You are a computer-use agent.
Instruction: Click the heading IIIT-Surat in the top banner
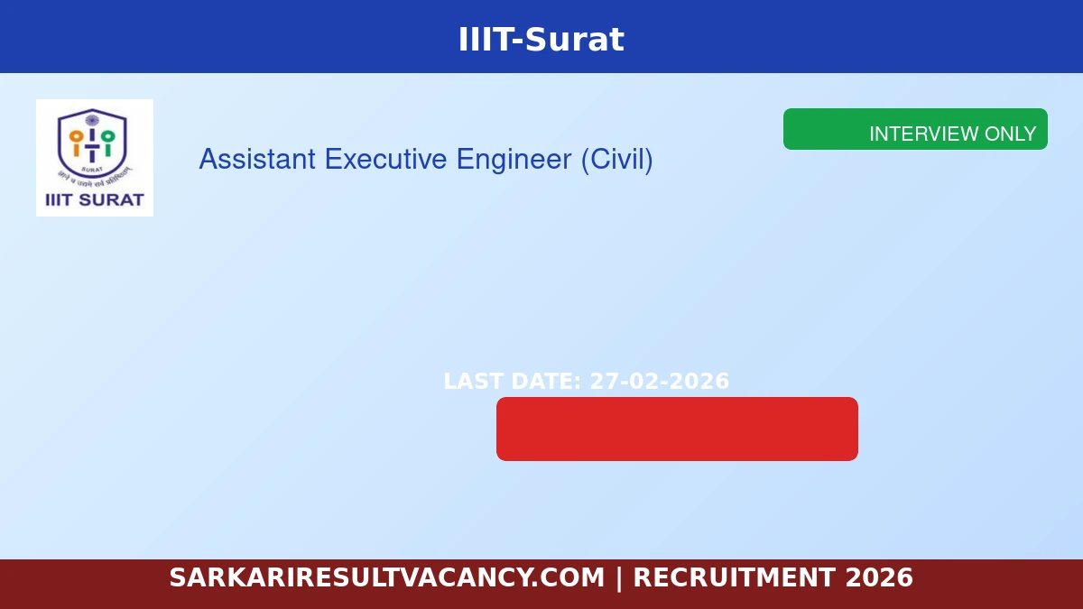point(541,40)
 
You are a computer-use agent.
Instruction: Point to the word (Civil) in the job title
point(616,160)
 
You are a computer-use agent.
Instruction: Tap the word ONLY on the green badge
point(1010,134)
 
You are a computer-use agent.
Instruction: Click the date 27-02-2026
point(659,382)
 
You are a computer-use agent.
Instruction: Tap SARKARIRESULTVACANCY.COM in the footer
point(386,577)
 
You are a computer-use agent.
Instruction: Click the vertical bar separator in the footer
point(619,577)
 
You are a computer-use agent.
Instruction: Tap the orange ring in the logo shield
point(77,137)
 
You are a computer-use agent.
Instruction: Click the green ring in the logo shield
point(107,137)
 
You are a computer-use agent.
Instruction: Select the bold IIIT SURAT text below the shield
point(94,200)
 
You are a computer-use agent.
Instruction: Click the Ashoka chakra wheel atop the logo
point(92,119)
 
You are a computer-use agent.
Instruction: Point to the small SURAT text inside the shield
point(92,169)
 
